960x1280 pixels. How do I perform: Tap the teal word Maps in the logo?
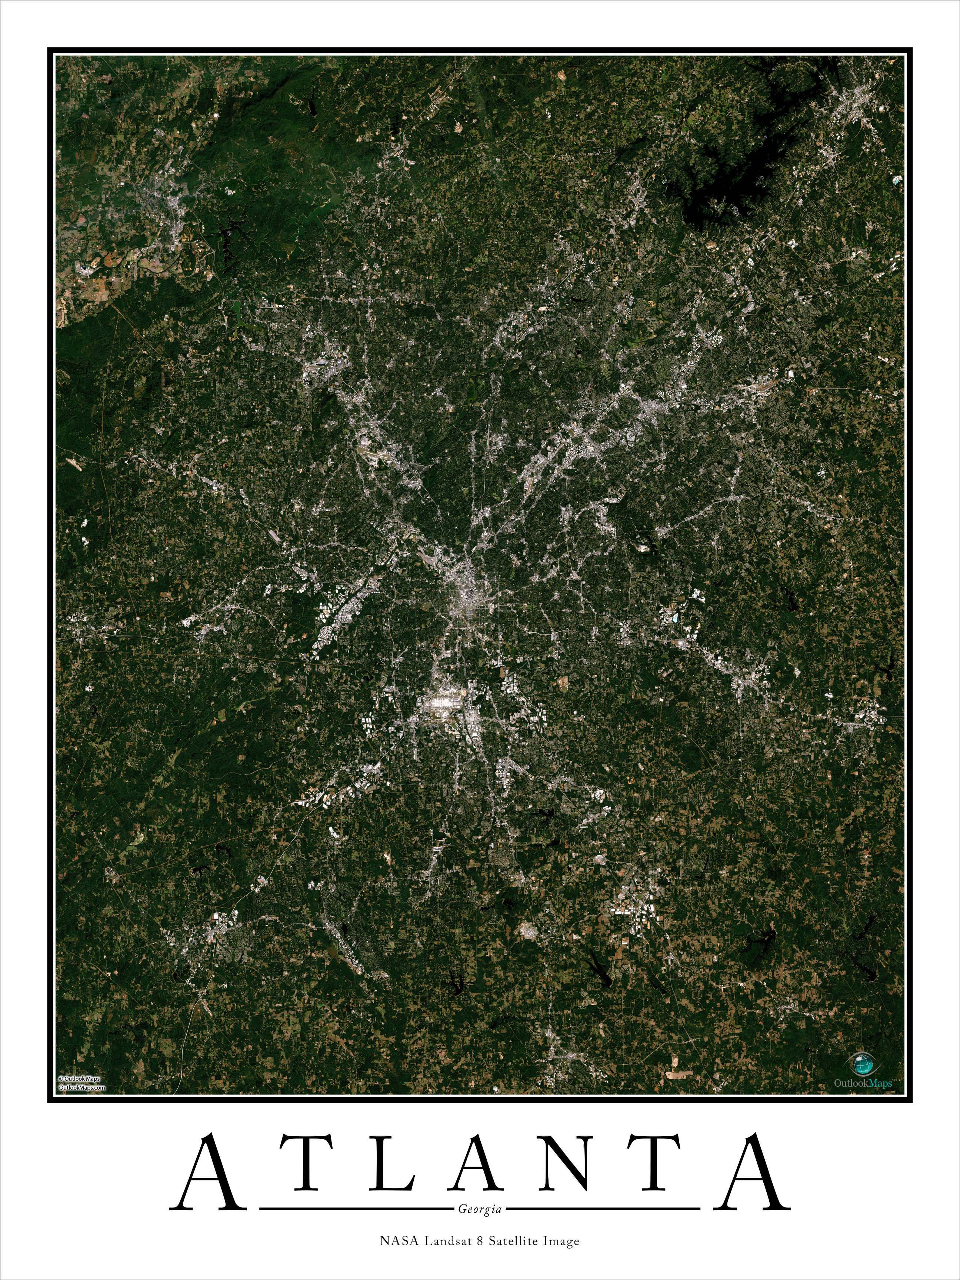point(881,1083)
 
